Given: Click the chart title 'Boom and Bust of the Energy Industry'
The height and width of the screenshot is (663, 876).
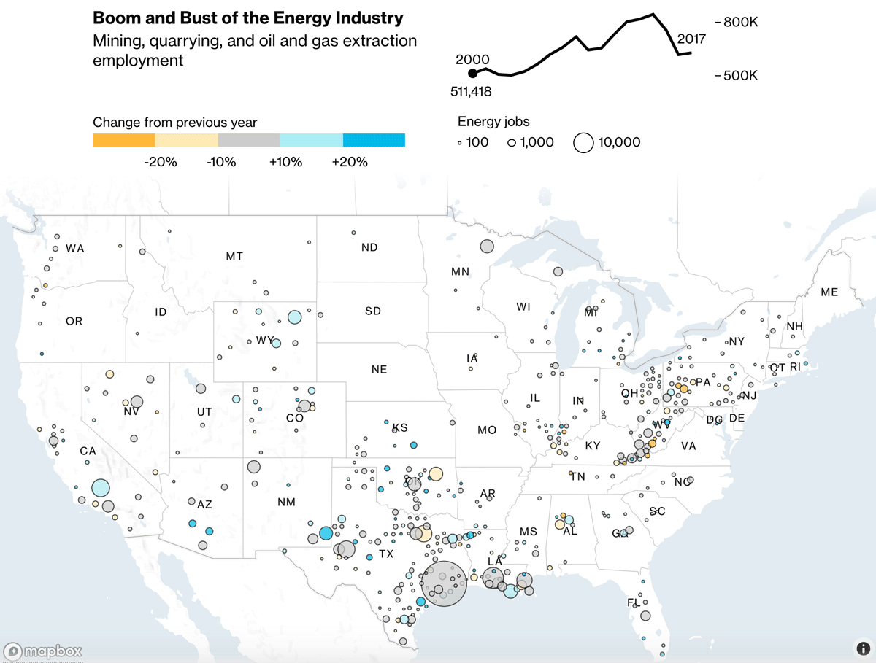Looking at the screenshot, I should [247, 18].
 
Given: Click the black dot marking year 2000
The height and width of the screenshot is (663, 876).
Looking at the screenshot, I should [472, 73].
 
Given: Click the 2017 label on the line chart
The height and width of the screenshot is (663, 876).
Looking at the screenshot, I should [691, 39].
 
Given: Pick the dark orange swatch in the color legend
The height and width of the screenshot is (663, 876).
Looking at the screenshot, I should [124, 140].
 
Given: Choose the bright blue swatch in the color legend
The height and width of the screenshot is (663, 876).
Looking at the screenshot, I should [374, 140].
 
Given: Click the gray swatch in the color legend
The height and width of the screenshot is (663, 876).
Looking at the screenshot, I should [249, 140].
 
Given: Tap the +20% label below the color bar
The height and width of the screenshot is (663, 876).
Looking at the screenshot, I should [350, 162].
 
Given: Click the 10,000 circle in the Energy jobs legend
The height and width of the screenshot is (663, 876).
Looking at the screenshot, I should [583, 143].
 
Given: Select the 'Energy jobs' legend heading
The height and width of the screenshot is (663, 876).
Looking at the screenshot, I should [493, 122].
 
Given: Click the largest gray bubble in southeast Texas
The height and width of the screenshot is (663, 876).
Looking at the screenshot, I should [443, 583].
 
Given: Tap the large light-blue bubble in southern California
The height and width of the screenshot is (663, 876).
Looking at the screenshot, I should [101, 488].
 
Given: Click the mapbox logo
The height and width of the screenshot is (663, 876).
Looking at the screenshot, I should [43, 651].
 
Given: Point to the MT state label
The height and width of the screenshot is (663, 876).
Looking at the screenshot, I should [234, 256].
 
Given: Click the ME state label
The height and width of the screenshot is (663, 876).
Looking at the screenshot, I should [829, 292].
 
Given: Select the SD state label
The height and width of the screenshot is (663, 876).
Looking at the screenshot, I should [373, 311].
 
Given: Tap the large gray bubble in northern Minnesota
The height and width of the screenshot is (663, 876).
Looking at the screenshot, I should [487, 247].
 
